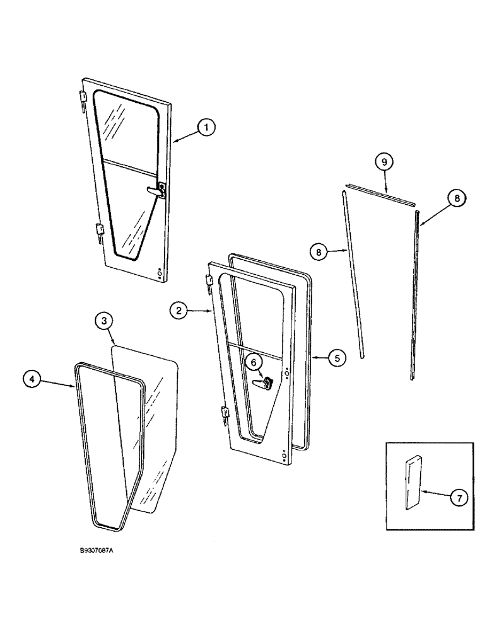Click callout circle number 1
206,128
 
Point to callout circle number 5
336,358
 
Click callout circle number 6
252,362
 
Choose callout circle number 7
459,498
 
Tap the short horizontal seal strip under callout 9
380,195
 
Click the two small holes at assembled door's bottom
161,274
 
